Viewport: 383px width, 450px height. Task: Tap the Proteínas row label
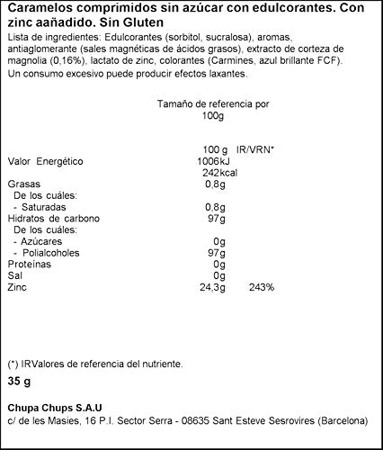(x=30, y=265)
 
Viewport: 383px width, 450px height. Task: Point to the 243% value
(x=262, y=288)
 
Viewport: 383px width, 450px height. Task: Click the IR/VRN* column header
(x=255, y=148)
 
